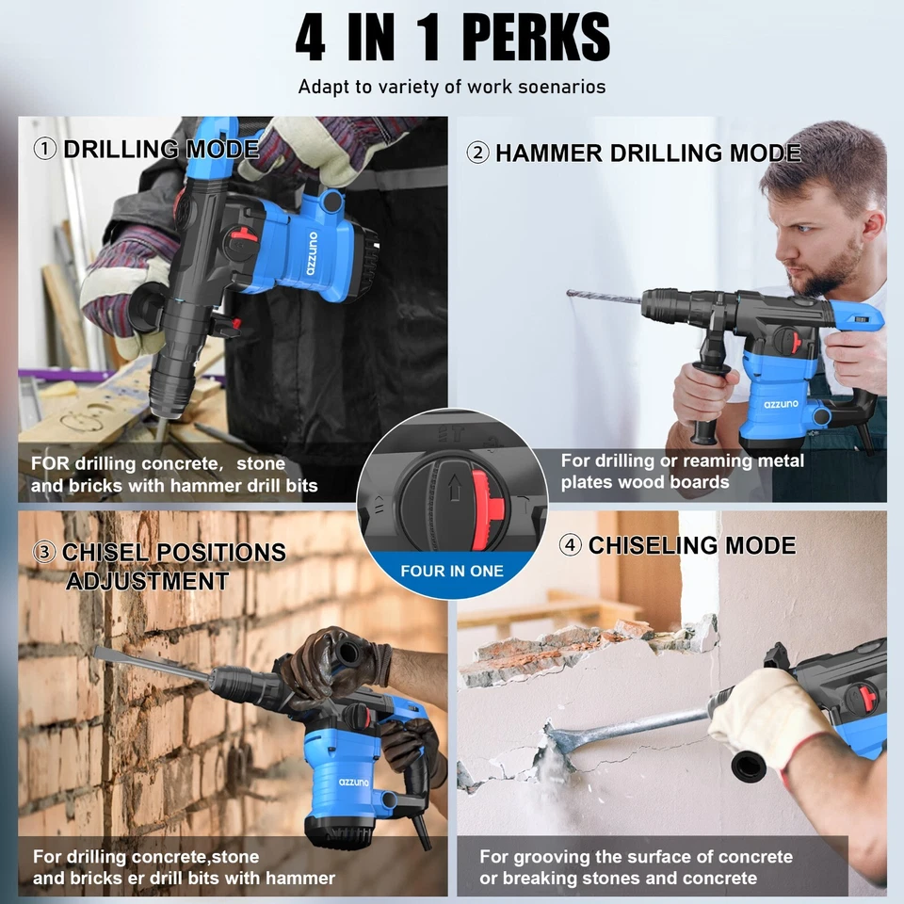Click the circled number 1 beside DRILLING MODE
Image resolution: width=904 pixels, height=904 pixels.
click(x=44, y=149)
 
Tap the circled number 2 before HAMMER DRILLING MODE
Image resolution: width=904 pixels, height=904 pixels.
click(x=477, y=153)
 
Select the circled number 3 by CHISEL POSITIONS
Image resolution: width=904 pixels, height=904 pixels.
click(x=44, y=553)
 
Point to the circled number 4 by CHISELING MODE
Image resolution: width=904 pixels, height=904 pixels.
click(x=570, y=545)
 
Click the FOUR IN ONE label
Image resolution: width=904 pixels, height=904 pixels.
click(x=452, y=571)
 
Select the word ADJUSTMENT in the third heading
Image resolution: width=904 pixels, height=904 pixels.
click(x=147, y=581)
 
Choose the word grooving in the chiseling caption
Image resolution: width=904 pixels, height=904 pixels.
click(x=557, y=857)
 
